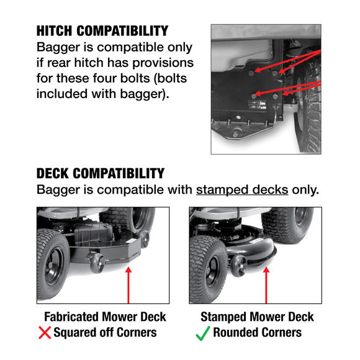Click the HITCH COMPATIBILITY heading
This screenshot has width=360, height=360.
[102, 31]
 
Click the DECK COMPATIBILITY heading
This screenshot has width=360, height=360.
[100, 173]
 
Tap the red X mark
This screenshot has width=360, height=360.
[45, 333]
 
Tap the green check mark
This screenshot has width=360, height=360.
[202, 333]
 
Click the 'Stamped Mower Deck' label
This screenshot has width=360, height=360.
[257, 317]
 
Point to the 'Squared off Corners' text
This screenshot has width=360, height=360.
[105, 333]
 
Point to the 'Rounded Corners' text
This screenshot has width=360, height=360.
[257, 333]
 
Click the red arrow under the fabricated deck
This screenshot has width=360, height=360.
[128, 285]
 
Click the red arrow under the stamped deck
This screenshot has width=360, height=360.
[267, 285]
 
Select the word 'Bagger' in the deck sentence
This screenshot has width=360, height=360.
[60, 189]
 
